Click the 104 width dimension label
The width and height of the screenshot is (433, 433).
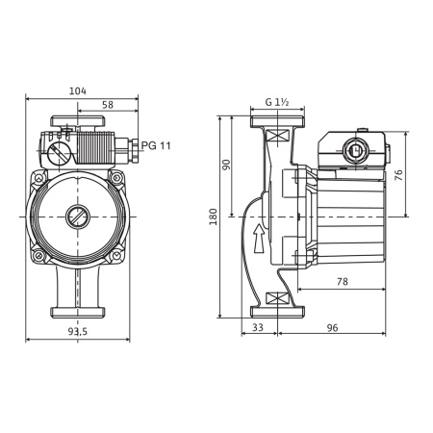[x=78, y=90]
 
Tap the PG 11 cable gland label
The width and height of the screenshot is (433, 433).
[x=155, y=144]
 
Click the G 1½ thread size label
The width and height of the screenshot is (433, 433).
[x=278, y=102]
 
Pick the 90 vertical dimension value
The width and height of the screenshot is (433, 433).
[x=227, y=165]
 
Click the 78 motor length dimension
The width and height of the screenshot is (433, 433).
[x=343, y=280]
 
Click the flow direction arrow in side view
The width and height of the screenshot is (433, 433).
[x=257, y=240]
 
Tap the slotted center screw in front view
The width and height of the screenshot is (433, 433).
[x=77, y=216]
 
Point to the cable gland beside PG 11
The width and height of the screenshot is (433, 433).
[x=125, y=146]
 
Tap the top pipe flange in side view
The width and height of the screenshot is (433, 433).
[x=277, y=122]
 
